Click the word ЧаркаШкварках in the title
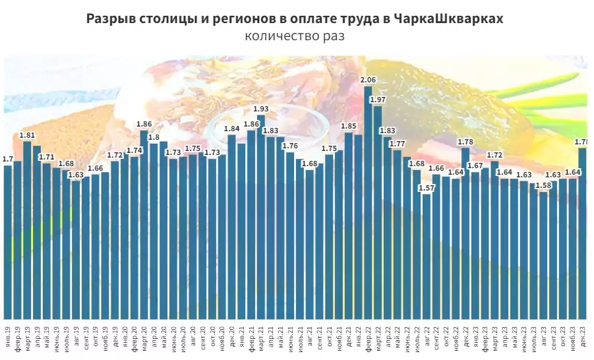(x=448, y=19)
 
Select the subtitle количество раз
(x=295, y=36)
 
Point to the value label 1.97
(x=378, y=100)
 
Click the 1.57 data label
(x=427, y=188)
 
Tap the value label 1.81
(x=27, y=135)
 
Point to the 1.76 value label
(x=290, y=146)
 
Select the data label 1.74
(x=134, y=150)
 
